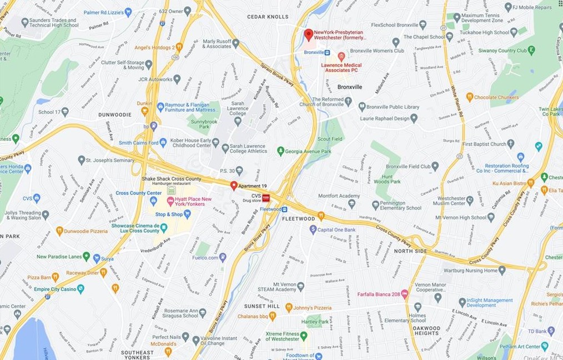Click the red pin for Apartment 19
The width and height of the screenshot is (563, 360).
[x=234, y=185]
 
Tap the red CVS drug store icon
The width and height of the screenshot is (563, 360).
[x=266, y=198]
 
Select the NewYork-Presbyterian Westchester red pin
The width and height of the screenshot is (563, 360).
[x=309, y=34]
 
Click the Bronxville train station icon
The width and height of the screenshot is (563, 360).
[x=327, y=52]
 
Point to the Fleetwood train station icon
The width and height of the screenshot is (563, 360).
[x=284, y=209]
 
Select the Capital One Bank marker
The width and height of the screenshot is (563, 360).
[x=313, y=229]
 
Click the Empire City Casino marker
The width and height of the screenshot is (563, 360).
[x=81, y=289]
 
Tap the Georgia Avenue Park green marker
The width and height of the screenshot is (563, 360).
[x=280, y=151]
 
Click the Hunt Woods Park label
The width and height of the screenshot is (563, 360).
[x=387, y=178]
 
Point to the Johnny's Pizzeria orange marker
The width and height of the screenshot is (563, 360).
[x=289, y=307]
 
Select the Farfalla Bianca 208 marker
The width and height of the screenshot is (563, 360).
[x=405, y=293]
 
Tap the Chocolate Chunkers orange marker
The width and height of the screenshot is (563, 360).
[x=469, y=97]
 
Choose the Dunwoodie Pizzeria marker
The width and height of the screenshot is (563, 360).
[x=59, y=231]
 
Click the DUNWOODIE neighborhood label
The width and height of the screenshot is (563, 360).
[x=115, y=114]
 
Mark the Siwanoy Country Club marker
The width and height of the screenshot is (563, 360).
[x=531, y=51]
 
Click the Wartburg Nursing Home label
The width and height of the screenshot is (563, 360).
[x=474, y=271]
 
